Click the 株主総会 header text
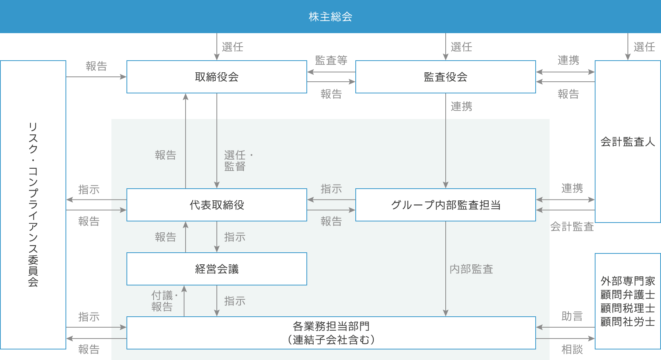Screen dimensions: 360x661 (330, 17)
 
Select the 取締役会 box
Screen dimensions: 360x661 (216, 77)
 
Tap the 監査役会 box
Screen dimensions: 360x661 (445, 77)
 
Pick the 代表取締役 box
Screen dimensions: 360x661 (216, 205)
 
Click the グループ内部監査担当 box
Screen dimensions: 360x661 (445, 205)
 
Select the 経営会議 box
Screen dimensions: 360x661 (216, 269)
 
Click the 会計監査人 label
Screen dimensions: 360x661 (627, 142)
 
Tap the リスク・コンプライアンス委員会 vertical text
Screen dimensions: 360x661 (33, 204)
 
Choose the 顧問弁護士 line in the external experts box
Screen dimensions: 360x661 (627, 294)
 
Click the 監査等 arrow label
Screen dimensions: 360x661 (331, 60)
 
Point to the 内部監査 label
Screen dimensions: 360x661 (471, 269)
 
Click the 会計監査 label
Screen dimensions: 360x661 (572, 227)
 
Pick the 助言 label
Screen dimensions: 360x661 (572, 316)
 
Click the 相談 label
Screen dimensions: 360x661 (572, 349)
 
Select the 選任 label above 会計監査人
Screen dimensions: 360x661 (644, 47)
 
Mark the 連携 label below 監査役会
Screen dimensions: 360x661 (461, 107)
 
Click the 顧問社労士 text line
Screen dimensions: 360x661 (627, 322)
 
